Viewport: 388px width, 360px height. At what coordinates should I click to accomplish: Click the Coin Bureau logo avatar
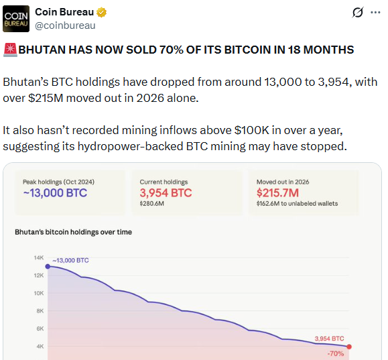tap(15, 19)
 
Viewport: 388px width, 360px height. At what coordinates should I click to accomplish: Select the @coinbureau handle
tap(65, 25)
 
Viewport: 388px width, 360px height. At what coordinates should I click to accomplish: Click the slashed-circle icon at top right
tap(358, 13)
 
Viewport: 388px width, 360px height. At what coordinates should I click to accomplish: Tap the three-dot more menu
tap(375, 13)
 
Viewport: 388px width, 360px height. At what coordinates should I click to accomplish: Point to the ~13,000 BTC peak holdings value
tap(55, 194)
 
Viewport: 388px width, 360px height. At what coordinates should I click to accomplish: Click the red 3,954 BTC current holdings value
tap(166, 194)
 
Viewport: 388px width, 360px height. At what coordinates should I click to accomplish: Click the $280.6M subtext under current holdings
tap(151, 204)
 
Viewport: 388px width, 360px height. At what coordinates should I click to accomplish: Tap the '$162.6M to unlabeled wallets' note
tap(298, 204)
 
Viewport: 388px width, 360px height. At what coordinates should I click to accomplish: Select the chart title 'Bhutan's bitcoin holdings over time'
tap(74, 232)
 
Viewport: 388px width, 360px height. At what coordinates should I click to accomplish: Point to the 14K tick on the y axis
tap(39, 258)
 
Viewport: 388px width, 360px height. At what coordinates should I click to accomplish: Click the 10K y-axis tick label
tap(39, 293)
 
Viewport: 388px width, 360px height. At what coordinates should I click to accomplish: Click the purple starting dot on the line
tap(47, 266)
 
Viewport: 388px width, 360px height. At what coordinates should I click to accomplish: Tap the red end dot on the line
tap(348, 347)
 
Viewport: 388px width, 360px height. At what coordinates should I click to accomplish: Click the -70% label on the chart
tap(335, 353)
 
